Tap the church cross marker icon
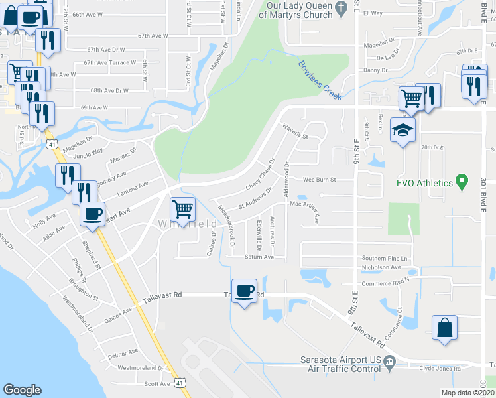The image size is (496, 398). (341, 8)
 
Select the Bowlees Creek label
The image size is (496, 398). (319, 80)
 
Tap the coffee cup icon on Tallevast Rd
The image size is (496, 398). (245, 291)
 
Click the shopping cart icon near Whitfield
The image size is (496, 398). (182, 210)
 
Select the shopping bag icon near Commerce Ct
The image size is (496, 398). (444, 328)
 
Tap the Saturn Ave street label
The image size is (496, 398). (259, 257)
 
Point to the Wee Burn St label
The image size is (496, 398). (320, 179)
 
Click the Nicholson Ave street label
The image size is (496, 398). (381, 267)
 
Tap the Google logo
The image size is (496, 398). (22, 390)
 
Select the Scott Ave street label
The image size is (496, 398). (157, 383)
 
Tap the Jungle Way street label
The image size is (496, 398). (89, 152)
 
